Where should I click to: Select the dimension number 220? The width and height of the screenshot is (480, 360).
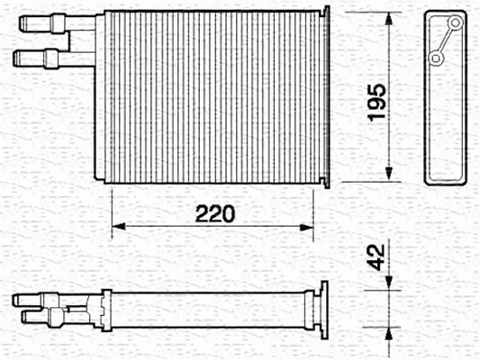(216, 213)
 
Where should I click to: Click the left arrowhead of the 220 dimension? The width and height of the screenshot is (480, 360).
(115, 226)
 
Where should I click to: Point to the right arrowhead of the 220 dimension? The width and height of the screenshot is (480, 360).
(310, 226)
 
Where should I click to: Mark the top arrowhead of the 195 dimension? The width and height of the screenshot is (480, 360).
(388, 20)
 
